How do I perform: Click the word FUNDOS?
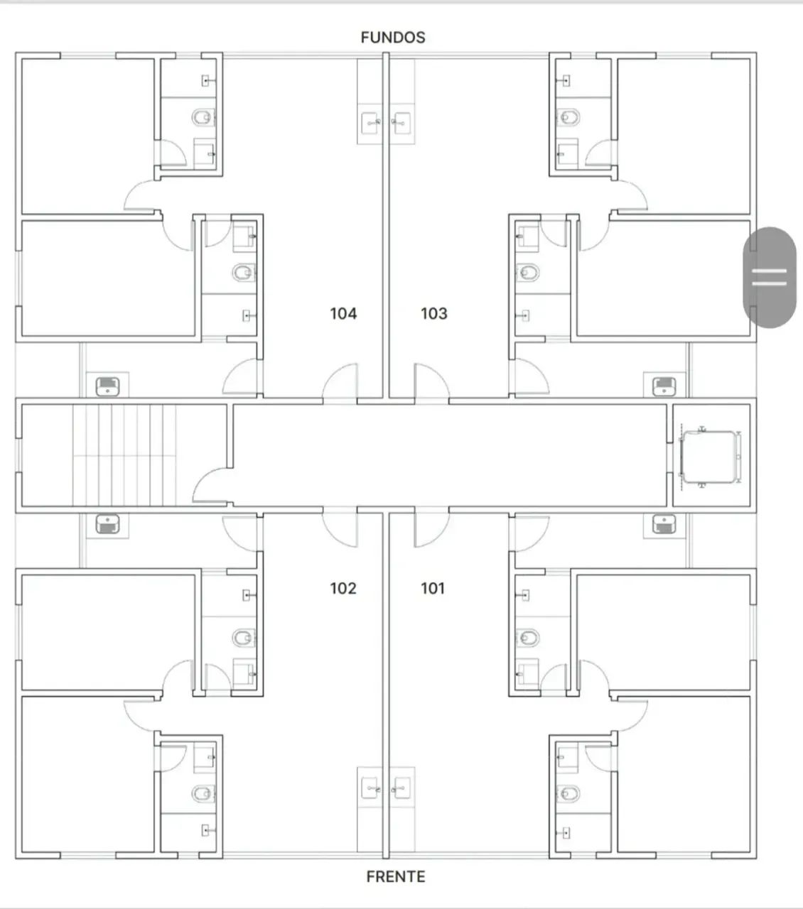393,38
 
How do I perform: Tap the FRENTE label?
396,876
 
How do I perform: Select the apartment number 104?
343,314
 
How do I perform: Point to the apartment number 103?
434,314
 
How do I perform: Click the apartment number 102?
343,588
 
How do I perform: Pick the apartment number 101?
433,588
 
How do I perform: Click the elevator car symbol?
710,457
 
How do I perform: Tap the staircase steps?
124,455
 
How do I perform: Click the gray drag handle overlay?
770,277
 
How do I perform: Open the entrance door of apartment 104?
340,381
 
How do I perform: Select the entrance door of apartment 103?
431,381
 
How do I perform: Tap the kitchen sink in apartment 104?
370,122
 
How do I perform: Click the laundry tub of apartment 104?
108,386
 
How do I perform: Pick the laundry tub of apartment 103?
664,386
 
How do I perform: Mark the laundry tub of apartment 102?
108,523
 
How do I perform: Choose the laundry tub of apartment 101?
664,523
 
